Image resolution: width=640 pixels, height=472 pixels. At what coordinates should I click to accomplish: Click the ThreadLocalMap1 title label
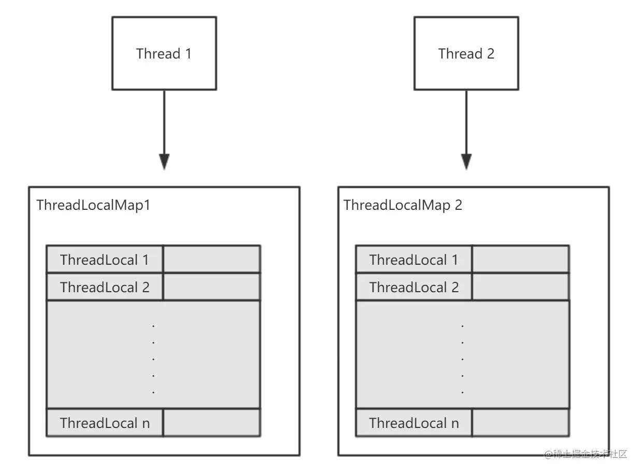point(93,205)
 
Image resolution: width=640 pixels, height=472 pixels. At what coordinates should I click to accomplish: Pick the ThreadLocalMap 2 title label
point(403,205)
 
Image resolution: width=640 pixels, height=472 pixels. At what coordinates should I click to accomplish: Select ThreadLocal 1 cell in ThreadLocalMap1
point(105,259)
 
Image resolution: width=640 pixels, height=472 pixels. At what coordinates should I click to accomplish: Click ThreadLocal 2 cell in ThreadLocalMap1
point(105,287)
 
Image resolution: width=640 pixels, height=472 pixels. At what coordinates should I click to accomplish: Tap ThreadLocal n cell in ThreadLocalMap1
point(105,423)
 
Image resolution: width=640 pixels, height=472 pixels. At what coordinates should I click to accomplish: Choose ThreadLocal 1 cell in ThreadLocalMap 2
point(414,259)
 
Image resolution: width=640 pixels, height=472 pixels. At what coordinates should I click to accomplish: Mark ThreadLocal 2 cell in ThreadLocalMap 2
point(414,287)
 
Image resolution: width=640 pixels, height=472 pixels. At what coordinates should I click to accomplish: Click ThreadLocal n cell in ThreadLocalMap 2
point(414,423)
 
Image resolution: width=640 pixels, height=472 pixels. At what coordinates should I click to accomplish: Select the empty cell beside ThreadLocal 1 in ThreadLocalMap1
point(212,259)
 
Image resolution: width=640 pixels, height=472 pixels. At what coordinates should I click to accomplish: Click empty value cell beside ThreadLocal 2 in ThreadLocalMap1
point(212,287)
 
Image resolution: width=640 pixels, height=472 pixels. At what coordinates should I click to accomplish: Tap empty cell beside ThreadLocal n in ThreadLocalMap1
point(212,423)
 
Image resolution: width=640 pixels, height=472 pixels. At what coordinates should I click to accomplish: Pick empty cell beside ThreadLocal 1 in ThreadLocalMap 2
point(521,259)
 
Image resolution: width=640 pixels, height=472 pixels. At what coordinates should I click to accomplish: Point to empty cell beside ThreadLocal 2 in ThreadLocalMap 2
point(521,287)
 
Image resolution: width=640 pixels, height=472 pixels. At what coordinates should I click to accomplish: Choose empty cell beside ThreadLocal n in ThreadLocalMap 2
point(521,423)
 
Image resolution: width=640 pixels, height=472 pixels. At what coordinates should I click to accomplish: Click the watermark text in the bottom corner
point(586,454)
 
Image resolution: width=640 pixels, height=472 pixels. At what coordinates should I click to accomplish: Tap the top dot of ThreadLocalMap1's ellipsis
point(153,326)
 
